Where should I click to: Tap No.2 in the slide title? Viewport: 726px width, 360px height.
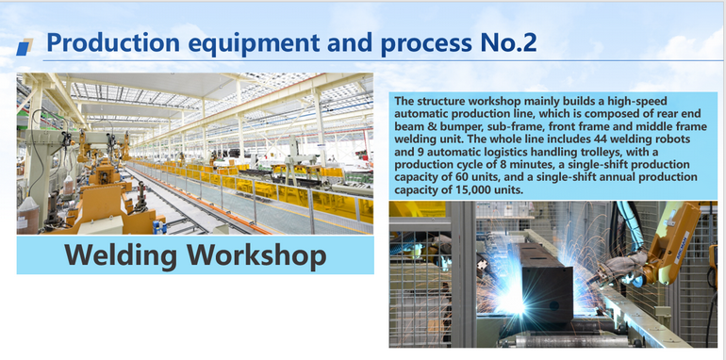[515, 42]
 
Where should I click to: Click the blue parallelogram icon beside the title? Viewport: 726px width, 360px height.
[26, 45]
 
